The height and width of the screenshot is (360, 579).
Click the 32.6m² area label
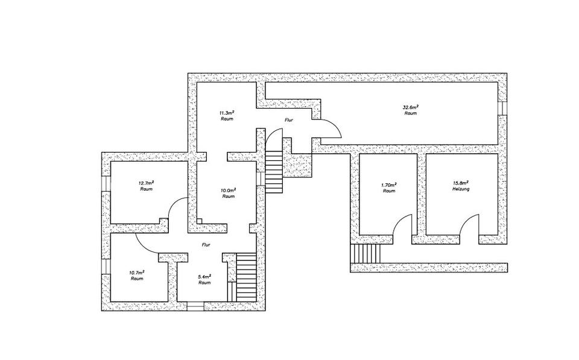[x=411, y=107]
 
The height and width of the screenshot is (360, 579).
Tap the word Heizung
[x=460, y=190]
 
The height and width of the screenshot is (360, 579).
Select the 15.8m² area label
[x=460, y=183]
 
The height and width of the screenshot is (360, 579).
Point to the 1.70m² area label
[x=389, y=185]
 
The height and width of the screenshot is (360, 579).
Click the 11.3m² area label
[x=227, y=112]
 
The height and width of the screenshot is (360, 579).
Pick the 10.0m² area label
[x=228, y=189]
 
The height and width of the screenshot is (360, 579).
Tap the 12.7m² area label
[x=146, y=183]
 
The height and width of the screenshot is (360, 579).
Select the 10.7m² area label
[x=137, y=273]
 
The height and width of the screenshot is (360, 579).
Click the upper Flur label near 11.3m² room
[x=289, y=120]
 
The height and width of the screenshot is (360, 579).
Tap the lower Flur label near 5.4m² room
[x=206, y=245]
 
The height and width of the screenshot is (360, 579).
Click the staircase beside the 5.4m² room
[x=246, y=276]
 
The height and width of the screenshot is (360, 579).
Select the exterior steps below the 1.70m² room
[x=366, y=254]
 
